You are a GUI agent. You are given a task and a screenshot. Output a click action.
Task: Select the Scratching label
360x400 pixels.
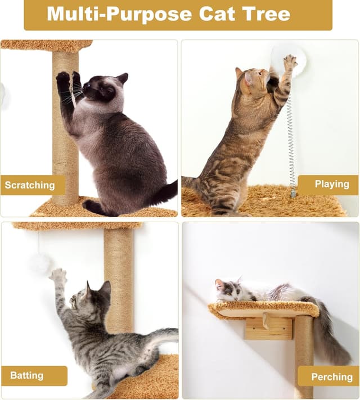[30, 185]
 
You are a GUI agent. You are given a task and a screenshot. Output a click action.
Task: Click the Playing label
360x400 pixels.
[331, 185]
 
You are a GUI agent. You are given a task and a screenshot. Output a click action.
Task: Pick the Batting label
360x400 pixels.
[26, 376]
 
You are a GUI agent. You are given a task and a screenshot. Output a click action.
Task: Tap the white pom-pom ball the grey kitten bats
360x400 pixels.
[39, 263]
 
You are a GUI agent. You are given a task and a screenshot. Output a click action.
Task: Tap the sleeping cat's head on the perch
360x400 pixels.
[228, 290]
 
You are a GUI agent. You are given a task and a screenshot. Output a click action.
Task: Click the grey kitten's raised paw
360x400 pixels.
[57, 276]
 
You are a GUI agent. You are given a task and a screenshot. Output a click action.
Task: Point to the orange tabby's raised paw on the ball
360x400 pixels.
[290, 61]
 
